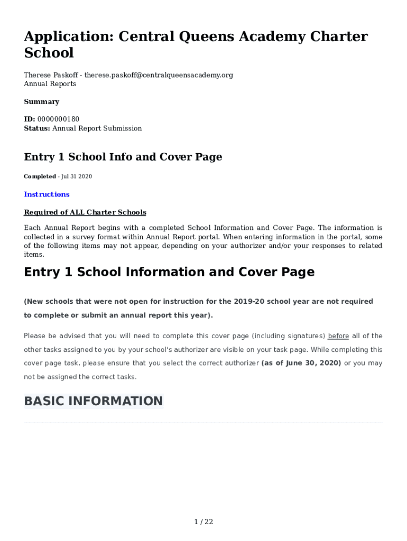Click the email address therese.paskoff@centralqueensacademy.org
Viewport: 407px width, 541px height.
(159, 75)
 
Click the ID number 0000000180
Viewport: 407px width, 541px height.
(58, 119)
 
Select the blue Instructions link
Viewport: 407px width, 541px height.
(47, 194)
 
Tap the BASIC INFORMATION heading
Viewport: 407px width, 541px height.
(94, 401)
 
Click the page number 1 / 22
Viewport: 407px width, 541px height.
(203, 522)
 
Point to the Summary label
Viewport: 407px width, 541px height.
(42, 101)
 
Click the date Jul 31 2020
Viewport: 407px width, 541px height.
(77, 176)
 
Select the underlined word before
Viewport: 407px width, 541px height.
(338, 336)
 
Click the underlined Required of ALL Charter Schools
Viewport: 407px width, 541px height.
(85, 212)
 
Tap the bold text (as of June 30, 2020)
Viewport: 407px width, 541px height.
(301, 363)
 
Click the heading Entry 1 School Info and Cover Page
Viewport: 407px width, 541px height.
(123, 157)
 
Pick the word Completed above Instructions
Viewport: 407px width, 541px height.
(40, 176)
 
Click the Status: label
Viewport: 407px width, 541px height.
(37, 128)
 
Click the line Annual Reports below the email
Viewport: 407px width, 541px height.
(50, 84)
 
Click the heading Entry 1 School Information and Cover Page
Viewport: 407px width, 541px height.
(169, 272)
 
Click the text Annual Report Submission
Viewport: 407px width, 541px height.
(97, 128)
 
